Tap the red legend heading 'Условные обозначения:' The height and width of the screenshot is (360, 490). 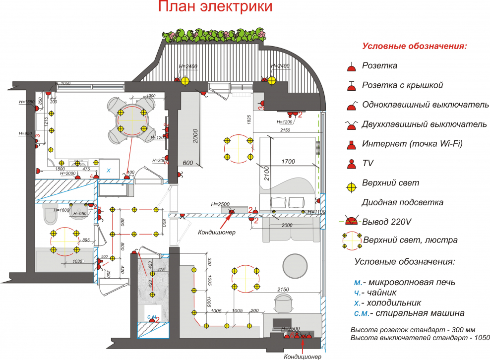tap(415, 46)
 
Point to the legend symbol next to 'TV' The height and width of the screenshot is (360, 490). tap(351, 163)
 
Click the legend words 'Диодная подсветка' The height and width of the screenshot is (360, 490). tap(402, 202)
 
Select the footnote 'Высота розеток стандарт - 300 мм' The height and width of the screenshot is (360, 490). tap(413, 329)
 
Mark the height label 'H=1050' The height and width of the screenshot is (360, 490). tap(63, 83)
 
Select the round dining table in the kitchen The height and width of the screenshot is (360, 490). tap(132, 120)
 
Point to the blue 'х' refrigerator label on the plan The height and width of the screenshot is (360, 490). tap(109, 170)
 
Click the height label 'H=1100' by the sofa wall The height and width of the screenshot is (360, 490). tap(316, 212)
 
